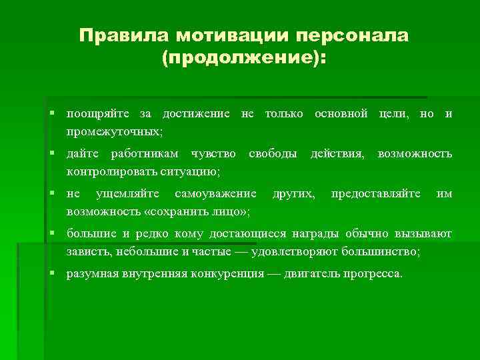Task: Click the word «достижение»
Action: click(x=197, y=114)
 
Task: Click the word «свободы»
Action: click(x=273, y=154)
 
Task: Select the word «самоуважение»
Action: click(x=215, y=194)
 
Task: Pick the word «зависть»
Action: click(x=88, y=251)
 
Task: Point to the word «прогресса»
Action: click(x=371, y=274)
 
